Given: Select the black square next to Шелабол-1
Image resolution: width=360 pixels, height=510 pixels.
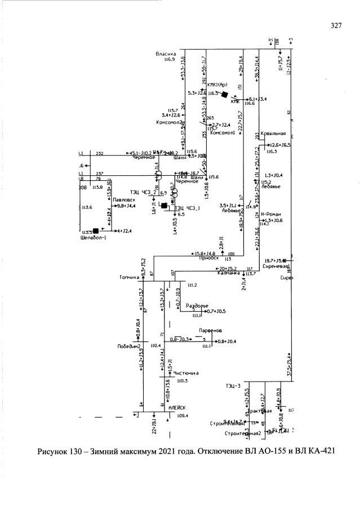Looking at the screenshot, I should pyautogui.click(x=96, y=230).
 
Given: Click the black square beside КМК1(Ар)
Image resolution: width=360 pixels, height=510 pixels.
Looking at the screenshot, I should pyautogui.click(x=224, y=94).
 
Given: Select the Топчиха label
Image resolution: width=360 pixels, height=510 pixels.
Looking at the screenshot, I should pyautogui.click(x=129, y=277).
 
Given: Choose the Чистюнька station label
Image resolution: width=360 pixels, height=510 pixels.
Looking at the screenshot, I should pyautogui.click(x=187, y=372).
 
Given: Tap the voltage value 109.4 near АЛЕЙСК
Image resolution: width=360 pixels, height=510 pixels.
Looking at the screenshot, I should pyautogui.click(x=182, y=415).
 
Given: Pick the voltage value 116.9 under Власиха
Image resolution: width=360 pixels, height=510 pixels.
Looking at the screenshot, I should pyautogui.click(x=169, y=59).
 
